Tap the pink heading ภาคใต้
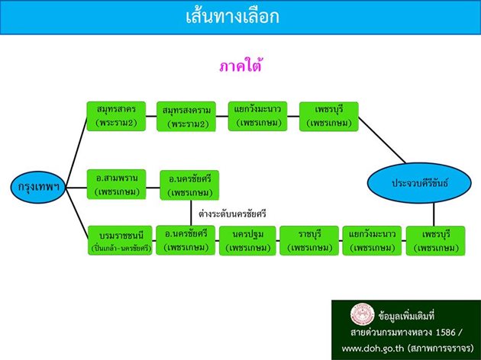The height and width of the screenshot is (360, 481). pos(240,66)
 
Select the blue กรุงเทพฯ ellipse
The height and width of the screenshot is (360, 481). pos(34,186)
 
